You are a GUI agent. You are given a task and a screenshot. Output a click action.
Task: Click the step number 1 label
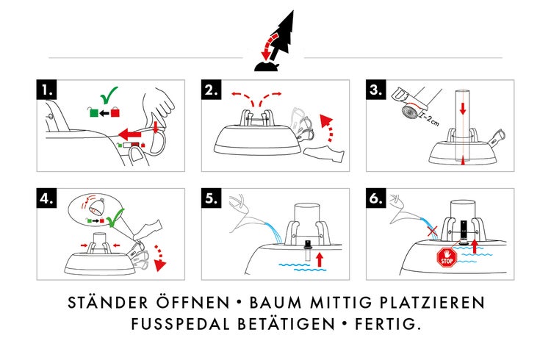[48, 90]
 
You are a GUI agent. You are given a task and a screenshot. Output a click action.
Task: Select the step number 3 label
[377, 90]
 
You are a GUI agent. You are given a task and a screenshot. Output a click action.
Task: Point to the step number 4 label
[48, 198]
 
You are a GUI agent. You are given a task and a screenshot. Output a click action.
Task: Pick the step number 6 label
[377, 198]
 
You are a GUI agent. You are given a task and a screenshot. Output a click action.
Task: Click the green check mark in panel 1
[110, 96]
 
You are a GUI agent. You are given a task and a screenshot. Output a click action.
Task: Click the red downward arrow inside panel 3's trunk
[463, 109]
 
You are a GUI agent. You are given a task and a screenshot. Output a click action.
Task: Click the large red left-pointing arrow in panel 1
[130, 135]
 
